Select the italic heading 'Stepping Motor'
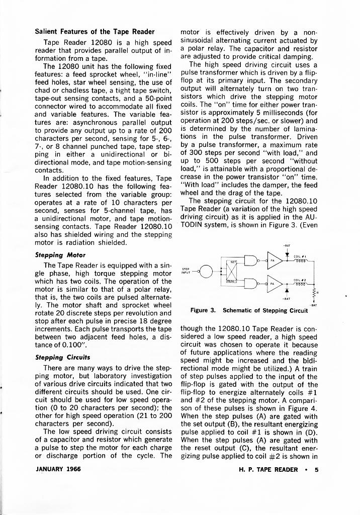click(60, 255)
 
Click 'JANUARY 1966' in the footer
click(58, 470)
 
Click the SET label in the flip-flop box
click(234, 262)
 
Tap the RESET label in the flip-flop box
click(233, 282)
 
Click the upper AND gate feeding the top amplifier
click(250, 262)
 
